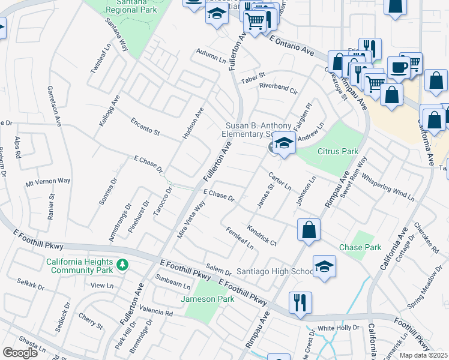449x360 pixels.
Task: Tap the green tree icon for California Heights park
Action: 122,264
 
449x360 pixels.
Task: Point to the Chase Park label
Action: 360,247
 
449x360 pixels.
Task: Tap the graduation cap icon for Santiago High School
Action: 324,267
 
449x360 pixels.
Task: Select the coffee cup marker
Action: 398,67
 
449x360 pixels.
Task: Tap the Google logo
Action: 20,353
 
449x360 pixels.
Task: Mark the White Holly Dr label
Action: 338,328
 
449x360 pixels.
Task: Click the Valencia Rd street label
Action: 155,311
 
